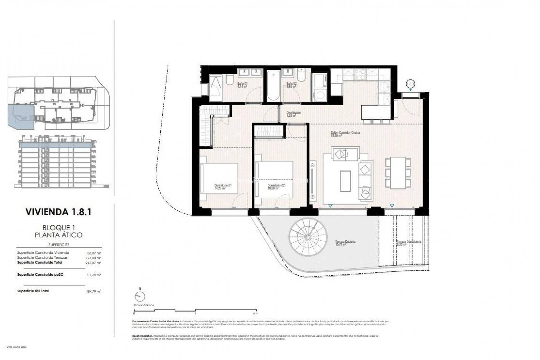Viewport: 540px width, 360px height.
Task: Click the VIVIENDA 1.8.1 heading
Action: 58,212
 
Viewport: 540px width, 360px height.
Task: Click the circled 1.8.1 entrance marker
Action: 411,84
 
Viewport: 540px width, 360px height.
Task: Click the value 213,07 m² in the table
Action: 95,263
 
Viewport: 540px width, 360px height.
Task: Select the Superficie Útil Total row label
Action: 33,291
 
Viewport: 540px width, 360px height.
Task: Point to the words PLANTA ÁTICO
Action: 58,235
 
